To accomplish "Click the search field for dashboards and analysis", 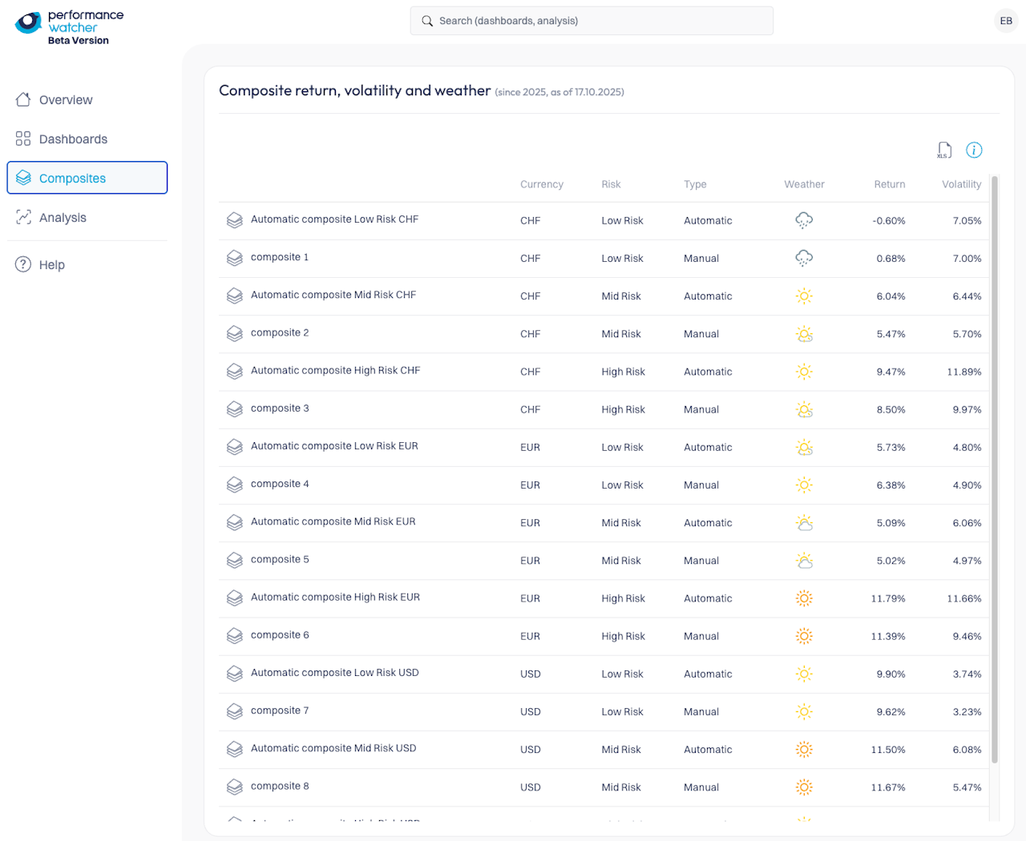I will [x=592, y=21].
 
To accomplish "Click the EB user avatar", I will [x=1006, y=21].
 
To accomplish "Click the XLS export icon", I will [x=944, y=150].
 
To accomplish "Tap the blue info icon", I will [x=974, y=150].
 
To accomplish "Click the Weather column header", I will [x=804, y=184].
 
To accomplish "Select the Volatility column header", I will [x=961, y=184].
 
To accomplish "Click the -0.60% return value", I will [x=889, y=221].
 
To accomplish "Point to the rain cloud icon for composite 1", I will [x=804, y=258].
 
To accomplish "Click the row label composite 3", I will [x=280, y=408].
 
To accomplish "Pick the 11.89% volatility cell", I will [x=963, y=372].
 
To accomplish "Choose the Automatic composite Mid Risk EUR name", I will [x=333, y=521].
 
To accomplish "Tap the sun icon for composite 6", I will [x=804, y=636].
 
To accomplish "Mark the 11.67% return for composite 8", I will [x=888, y=787].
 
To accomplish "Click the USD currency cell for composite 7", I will [x=530, y=712].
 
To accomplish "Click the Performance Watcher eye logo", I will [x=29, y=22].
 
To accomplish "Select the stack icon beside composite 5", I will [x=234, y=561].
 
